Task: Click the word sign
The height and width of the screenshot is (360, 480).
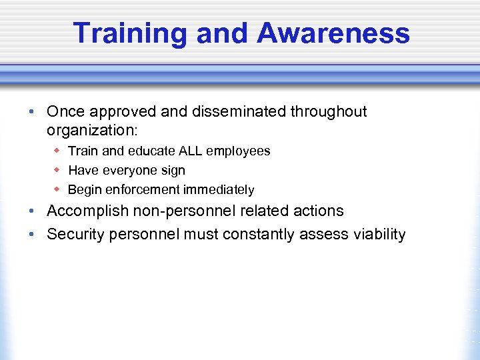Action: tap(173, 171)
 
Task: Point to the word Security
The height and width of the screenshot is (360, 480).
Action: tap(74, 235)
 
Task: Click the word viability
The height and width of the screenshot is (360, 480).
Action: tap(377, 235)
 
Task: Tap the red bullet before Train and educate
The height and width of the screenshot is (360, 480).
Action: tap(58, 151)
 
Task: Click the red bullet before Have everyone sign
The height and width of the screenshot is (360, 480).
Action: tap(58, 170)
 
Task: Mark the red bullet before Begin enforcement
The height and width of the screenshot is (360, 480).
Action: tap(58, 189)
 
